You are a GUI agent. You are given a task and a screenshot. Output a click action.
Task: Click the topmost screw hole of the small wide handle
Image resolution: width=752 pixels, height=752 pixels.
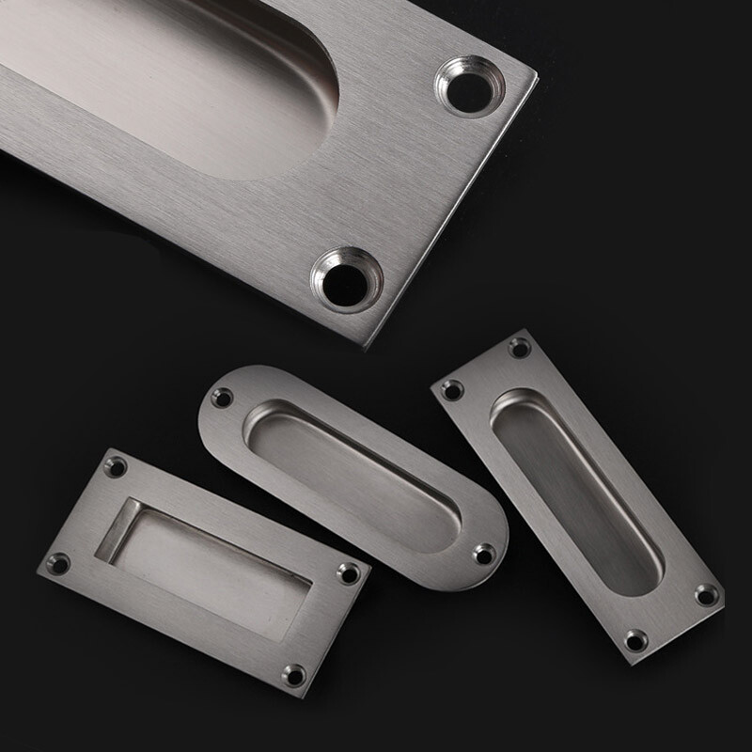(x=117, y=464)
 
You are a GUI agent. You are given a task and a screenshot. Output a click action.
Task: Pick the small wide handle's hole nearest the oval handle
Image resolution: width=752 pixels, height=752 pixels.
(x=349, y=571)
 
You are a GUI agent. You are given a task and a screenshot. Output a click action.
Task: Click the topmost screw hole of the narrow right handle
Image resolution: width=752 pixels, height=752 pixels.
(x=519, y=349)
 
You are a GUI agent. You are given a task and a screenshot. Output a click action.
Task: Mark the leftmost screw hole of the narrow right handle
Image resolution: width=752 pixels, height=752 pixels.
(x=453, y=388)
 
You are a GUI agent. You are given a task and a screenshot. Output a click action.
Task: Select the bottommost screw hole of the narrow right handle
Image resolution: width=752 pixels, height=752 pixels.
(x=636, y=639)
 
